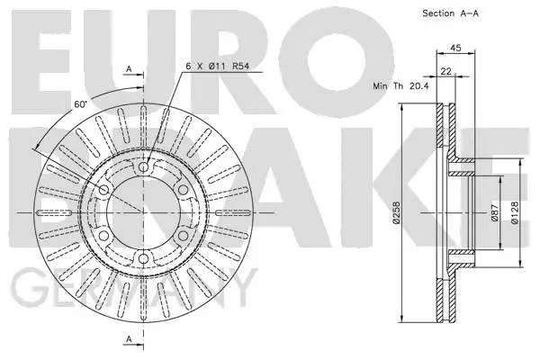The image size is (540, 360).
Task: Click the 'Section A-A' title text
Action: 450,13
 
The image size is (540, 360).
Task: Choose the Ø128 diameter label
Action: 515,214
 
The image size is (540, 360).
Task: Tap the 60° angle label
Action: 80,105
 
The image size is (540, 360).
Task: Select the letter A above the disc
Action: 129,69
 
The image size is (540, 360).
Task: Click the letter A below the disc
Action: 129,338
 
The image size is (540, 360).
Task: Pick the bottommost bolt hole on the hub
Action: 143,259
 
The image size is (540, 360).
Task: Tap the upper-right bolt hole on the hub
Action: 184,190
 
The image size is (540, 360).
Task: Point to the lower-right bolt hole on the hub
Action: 184,236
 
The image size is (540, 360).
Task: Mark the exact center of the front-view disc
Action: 143,213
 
